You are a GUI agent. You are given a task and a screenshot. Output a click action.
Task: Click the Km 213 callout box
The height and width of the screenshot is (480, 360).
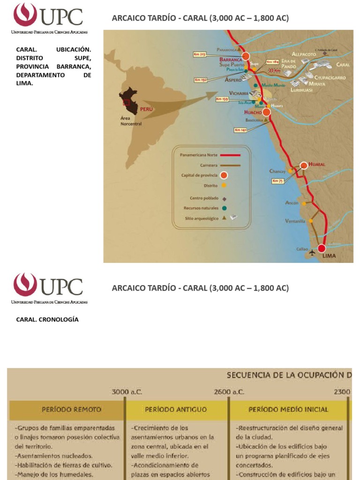pyautogui.click(x=199, y=54)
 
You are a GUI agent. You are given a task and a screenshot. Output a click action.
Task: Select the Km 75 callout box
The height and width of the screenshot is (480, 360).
pyautogui.click(x=277, y=180)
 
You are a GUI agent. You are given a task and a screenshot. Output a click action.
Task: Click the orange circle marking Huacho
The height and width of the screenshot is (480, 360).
pyautogui.click(x=266, y=112)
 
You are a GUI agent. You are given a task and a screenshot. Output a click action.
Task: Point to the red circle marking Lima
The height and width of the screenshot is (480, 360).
pyautogui.click(x=322, y=248)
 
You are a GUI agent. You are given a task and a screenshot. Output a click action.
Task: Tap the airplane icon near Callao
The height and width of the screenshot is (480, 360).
pyautogui.click(x=312, y=253)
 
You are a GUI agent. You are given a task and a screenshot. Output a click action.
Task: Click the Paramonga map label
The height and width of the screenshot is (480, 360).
pyautogui.click(x=227, y=49)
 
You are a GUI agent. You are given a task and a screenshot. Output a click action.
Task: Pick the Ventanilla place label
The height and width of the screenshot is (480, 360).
pyautogui.click(x=295, y=221)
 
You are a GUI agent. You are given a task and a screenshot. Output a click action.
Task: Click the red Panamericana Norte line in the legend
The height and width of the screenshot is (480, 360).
pyautogui.click(x=227, y=154)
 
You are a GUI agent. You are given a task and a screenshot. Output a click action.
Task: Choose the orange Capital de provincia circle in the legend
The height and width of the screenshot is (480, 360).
pyautogui.click(x=224, y=175)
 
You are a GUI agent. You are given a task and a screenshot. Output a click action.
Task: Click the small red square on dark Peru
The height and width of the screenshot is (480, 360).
pyautogui.click(x=126, y=102)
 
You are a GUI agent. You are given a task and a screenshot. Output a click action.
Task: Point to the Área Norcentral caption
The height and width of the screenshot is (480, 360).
pyautogui.click(x=131, y=121)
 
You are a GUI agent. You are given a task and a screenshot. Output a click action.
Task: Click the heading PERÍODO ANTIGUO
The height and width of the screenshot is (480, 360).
pyautogui.click(x=176, y=409)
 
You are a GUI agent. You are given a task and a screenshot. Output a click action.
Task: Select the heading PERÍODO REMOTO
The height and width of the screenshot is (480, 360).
pyautogui.click(x=71, y=409)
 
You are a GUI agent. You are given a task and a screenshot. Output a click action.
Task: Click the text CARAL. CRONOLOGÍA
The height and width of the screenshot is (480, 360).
pyautogui.click(x=47, y=319)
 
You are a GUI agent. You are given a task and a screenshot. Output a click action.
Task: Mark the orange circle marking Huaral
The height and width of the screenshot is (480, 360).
pyautogui.click(x=304, y=165)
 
